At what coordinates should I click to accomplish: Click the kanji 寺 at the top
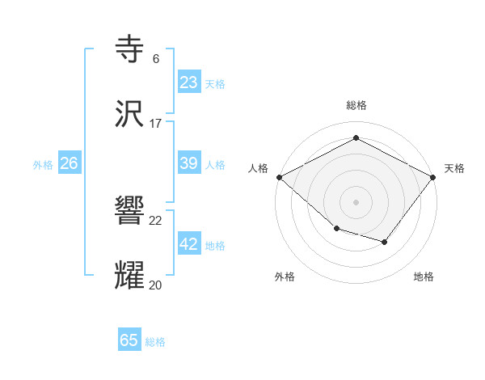pos(130,50)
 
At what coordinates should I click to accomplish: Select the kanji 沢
pos(130,116)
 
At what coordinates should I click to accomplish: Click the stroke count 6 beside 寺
pos(156,59)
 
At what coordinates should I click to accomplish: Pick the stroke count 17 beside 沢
pos(156,124)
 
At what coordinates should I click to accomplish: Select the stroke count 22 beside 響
pos(156,221)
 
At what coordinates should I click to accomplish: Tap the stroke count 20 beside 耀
pos(156,285)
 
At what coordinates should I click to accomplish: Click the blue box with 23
pos(189,82)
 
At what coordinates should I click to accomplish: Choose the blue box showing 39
pos(189,163)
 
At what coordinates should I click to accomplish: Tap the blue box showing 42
pos(189,244)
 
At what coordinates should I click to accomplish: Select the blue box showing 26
pos(69,163)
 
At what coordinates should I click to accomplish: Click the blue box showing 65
pos(129,340)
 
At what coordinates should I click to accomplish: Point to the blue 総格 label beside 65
pos(155,342)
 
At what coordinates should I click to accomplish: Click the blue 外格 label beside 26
pos(43,165)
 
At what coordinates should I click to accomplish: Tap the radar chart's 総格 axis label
pos(356,105)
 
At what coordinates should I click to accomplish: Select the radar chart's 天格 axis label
pos(454,168)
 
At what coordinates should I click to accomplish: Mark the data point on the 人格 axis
pos(279,176)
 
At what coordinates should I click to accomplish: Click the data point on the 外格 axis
pos(336,230)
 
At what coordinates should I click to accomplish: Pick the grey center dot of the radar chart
pos(356,201)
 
